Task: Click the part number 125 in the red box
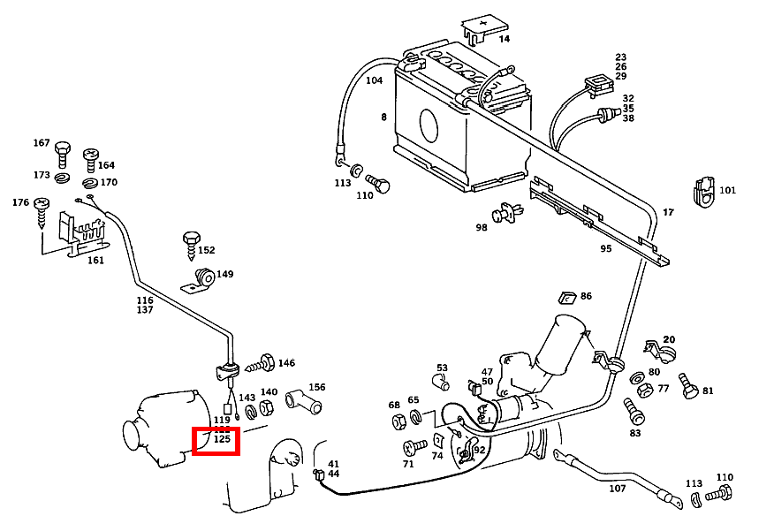coord(222,438)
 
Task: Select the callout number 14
coord(504,39)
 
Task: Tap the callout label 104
coord(374,80)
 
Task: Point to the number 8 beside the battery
coord(383,117)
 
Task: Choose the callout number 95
coord(605,248)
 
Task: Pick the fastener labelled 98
coord(508,212)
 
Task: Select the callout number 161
coord(95,261)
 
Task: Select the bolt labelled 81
coord(687,385)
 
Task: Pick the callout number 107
coord(617,489)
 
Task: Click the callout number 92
coord(480,450)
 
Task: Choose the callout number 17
coord(668,212)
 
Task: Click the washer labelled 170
coord(90,184)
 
